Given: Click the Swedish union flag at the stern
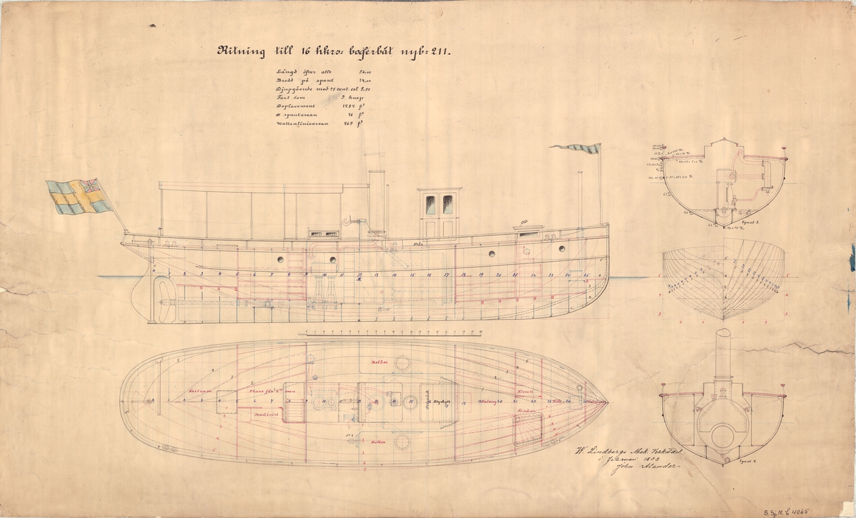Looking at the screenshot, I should click(x=79, y=195).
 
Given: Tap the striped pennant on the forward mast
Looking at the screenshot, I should click(x=574, y=149).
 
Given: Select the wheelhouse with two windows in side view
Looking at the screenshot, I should click(x=439, y=213).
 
